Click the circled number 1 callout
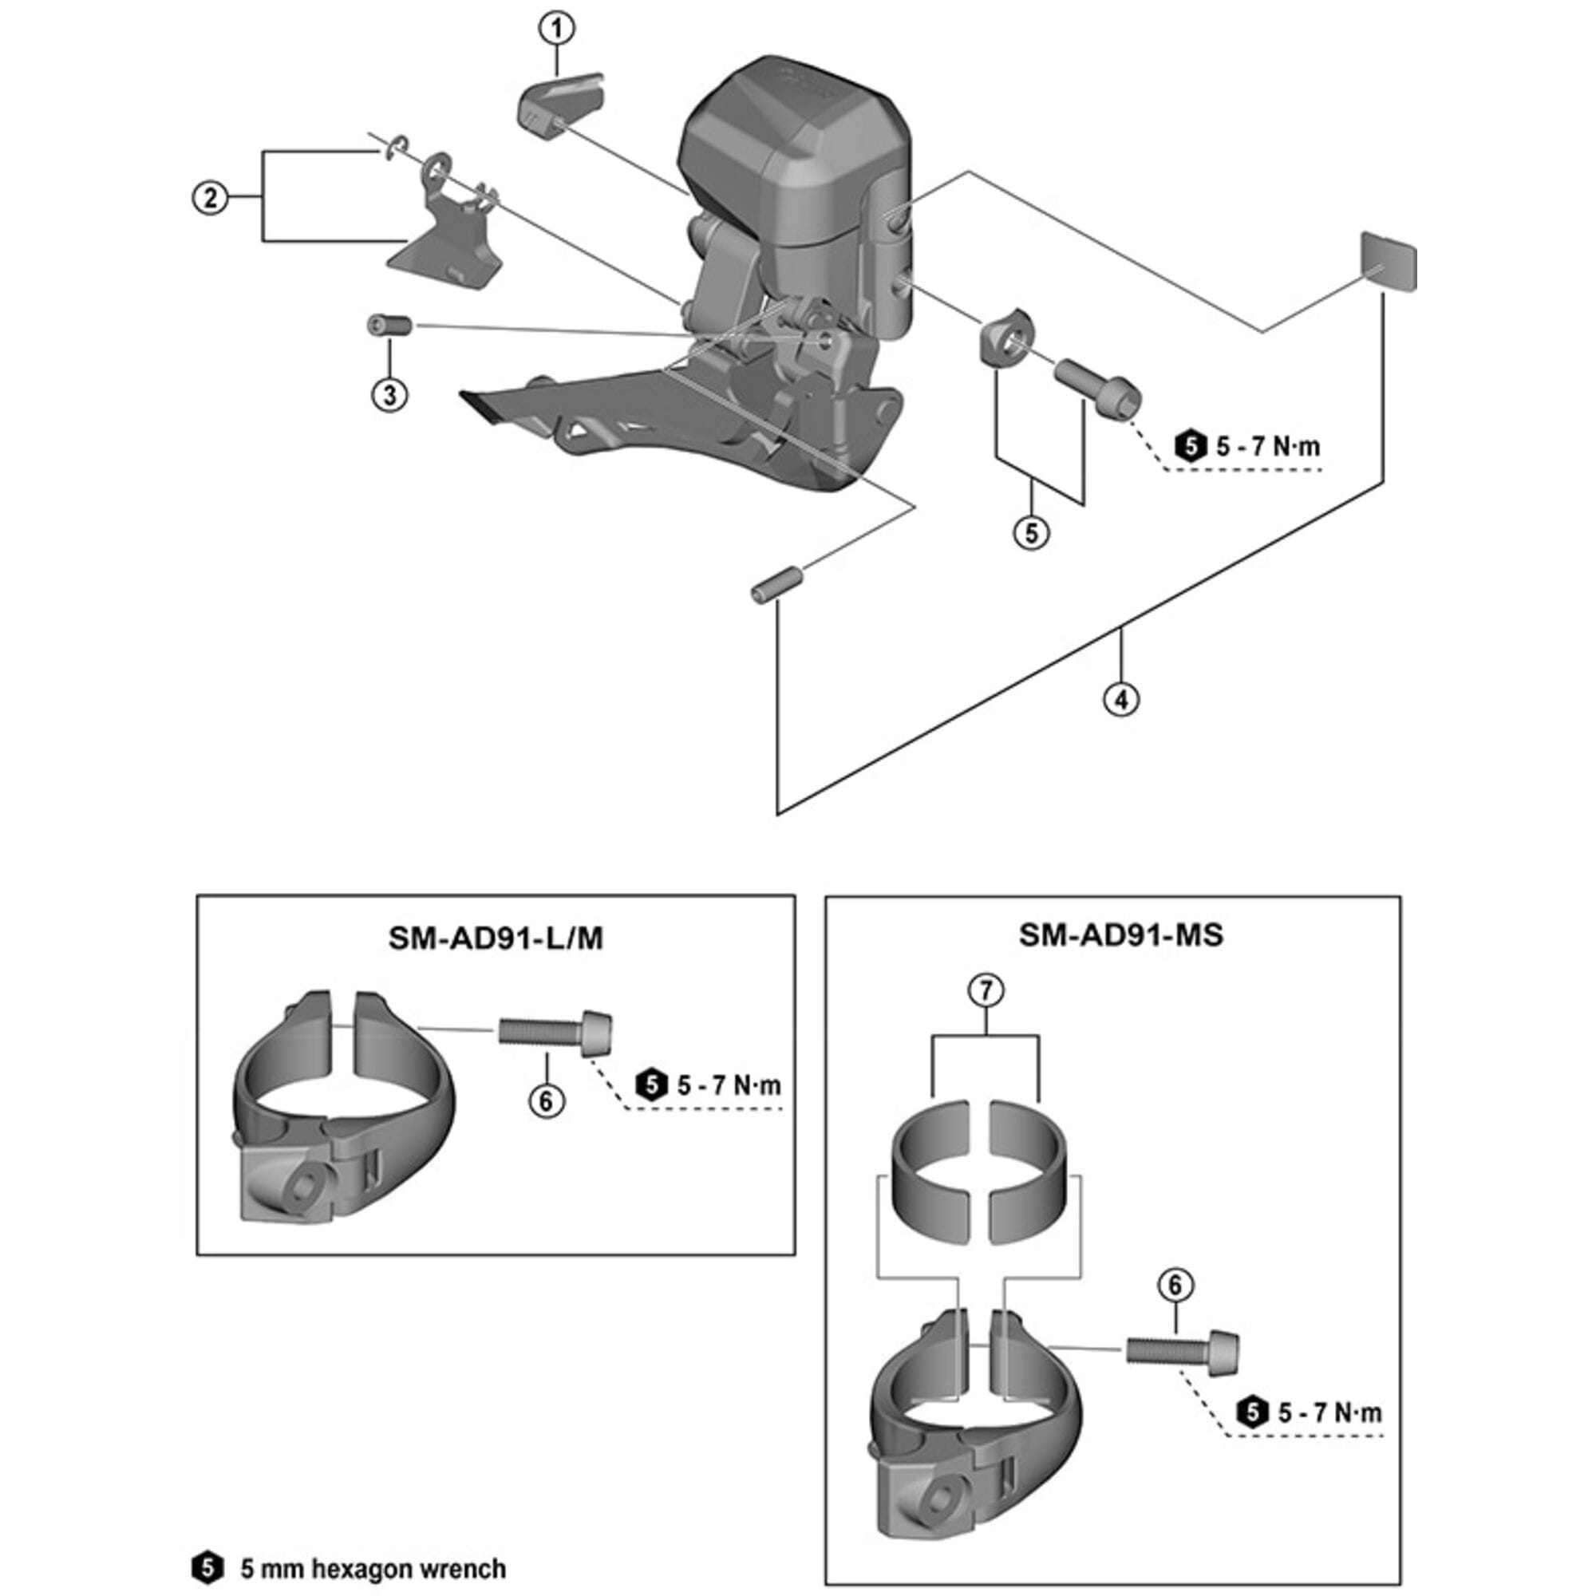(x=557, y=29)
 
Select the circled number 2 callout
(x=211, y=198)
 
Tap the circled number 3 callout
(x=389, y=394)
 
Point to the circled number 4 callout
(x=1121, y=700)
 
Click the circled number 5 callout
(x=1031, y=533)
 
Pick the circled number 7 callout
(x=986, y=990)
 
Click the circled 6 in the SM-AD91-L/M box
(x=546, y=1100)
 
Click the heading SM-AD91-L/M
(x=496, y=939)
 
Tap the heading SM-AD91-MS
(x=1121, y=936)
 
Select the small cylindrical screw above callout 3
(x=389, y=325)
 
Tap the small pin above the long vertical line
(x=775, y=583)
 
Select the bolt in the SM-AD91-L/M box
(x=556, y=1033)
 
